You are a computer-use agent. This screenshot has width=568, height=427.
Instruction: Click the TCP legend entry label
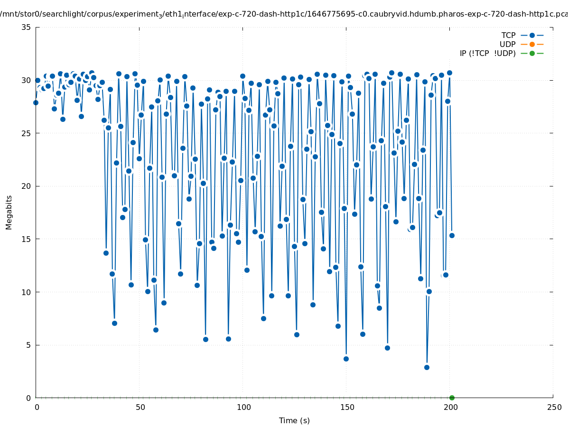click(508, 35)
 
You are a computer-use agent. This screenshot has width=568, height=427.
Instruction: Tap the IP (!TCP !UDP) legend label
click(487, 53)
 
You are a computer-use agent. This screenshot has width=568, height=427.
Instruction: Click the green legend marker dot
click(532, 53)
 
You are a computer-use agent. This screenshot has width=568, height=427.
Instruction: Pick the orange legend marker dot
click(532, 44)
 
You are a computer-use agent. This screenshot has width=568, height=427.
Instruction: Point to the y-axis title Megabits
click(9, 212)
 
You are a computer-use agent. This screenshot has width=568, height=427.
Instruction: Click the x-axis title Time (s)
click(294, 420)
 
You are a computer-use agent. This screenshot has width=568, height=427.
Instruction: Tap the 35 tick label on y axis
click(27, 27)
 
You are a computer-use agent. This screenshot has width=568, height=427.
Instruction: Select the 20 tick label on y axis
click(27, 186)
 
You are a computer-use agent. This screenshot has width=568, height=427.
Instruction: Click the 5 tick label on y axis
click(28, 345)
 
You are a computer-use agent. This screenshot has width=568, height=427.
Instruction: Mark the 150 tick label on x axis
click(347, 407)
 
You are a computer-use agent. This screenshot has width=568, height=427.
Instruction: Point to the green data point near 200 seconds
click(452, 398)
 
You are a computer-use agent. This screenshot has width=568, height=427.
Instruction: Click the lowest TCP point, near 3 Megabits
click(427, 367)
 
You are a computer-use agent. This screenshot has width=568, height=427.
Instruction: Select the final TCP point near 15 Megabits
click(452, 235)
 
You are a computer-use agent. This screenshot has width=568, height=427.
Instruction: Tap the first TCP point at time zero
click(36, 102)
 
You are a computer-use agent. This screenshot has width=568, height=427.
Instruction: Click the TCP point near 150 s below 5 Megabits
click(346, 359)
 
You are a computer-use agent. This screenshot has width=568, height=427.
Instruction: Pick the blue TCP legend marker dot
click(532, 35)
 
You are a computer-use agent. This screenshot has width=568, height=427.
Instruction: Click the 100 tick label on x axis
click(243, 407)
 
